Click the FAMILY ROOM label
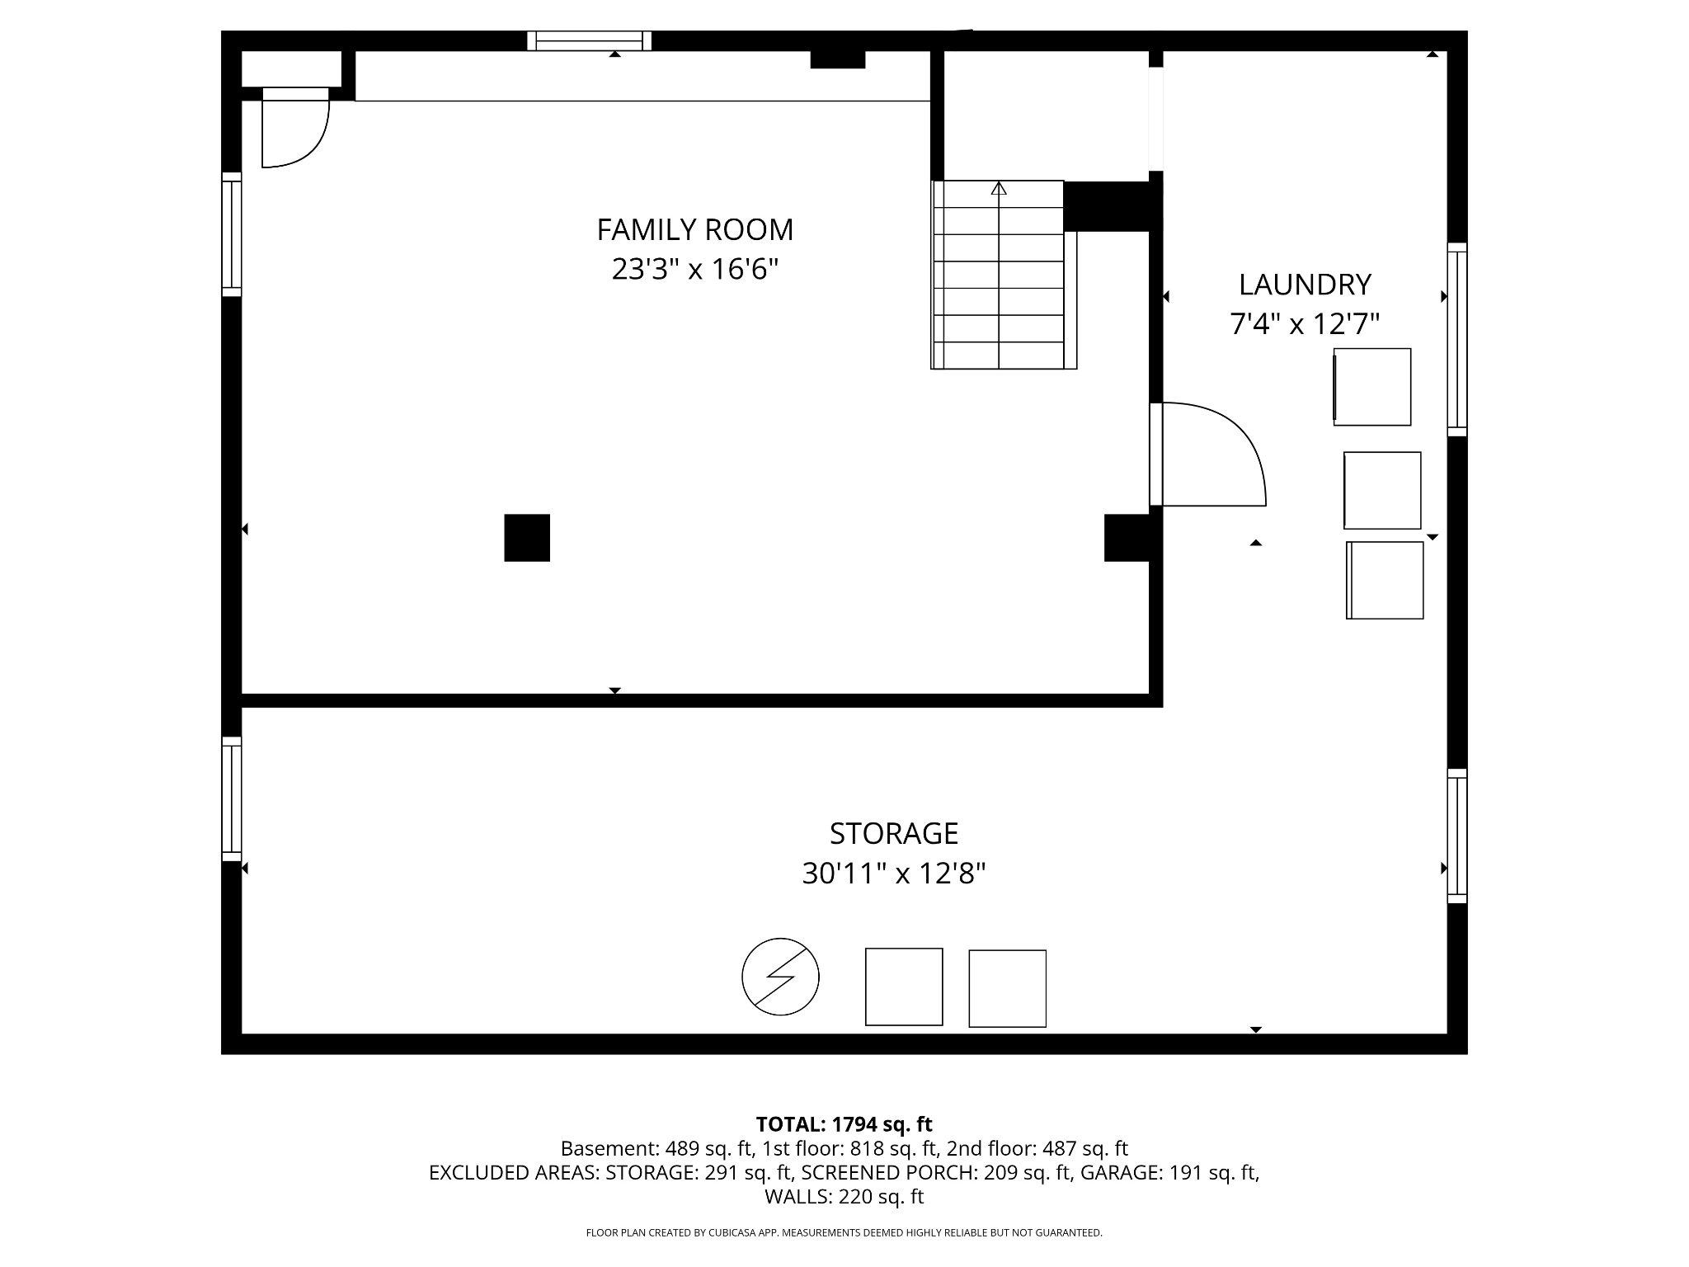pos(694,229)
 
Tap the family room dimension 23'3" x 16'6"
pos(694,270)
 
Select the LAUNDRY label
pos(1304,285)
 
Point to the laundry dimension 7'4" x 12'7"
pos(1304,324)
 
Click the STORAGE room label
pos(893,834)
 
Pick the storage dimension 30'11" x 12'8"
pos(893,874)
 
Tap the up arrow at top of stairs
pos(999,189)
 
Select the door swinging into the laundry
pos(1208,454)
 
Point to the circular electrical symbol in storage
pos(780,977)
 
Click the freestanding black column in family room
pos(527,538)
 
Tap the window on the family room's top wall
pos(589,40)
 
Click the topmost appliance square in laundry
pos(1372,387)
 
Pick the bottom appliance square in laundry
pos(1385,580)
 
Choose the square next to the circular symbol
pos(903,987)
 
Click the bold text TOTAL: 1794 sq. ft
pos(844,1124)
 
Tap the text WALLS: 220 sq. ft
pos(844,1196)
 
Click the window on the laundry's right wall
pos(1457,339)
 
